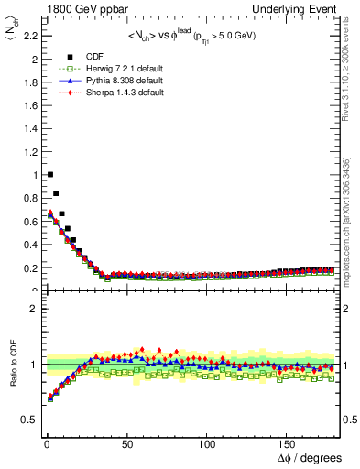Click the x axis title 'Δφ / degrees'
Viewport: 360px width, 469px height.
[x=309, y=457]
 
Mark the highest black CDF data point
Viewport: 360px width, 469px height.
[x=49, y=174]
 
